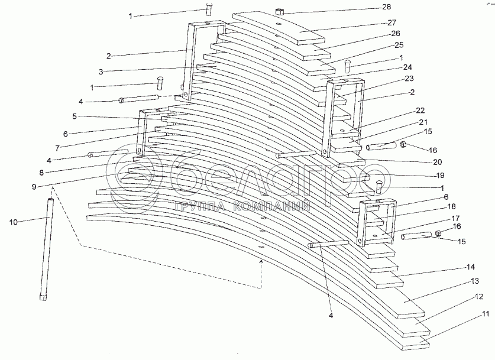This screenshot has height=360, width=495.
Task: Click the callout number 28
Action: pyautogui.click(x=404, y=7)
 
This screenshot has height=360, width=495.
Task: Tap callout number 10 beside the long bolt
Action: pyautogui.click(x=14, y=222)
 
